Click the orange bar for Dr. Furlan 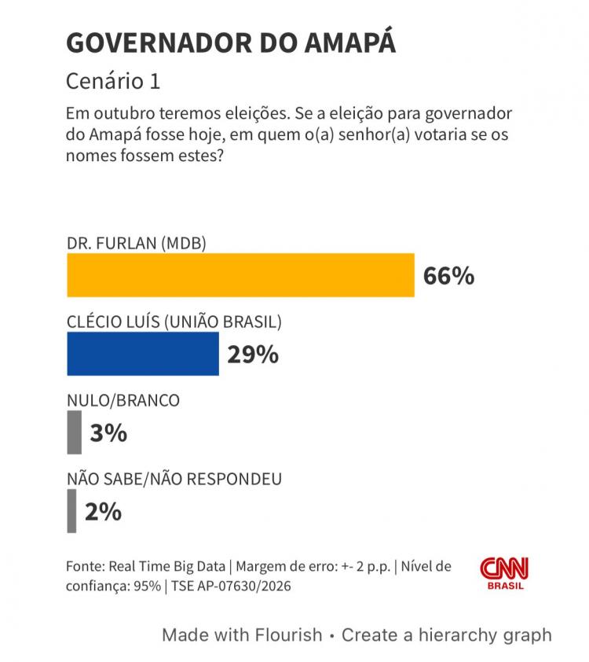pos(240,275)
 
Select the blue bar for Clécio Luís pos(143,354)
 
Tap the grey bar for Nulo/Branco pos(74,433)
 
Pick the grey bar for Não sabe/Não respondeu pos(71,511)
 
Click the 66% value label pos(448,276)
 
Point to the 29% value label pos(253,355)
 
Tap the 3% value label pos(108,433)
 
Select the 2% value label pos(103,512)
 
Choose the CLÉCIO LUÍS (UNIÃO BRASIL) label pos(174,322)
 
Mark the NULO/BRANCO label pos(123,400)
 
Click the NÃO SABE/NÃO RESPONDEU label pos(174,479)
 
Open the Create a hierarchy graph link pos(446,634)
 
